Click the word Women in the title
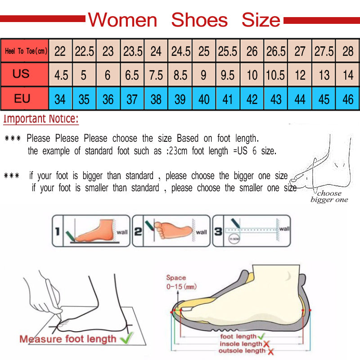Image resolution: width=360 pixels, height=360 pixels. tap(122, 20)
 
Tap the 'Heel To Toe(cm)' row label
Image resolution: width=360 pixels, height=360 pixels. tap(26, 51)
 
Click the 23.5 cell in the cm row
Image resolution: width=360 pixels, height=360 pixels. tap(133, 51)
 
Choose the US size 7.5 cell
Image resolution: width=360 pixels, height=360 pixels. tap(156, 75)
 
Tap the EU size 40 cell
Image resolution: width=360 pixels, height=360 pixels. tap(204, 99)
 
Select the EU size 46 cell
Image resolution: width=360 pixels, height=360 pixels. tap(348, 99)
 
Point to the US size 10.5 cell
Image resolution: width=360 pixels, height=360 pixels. tap(275, 75)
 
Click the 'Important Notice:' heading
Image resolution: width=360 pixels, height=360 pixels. tap(41, 119)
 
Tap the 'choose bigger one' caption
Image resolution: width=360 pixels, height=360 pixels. tap(329, 197)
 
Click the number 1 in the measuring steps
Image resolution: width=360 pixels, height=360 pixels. tap(58, 232)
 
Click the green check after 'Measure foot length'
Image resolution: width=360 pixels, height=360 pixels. tap(127, 337)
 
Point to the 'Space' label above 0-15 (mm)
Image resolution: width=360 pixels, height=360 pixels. tap(176, 278)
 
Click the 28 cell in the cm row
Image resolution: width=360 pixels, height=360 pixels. tap(348, 51)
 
